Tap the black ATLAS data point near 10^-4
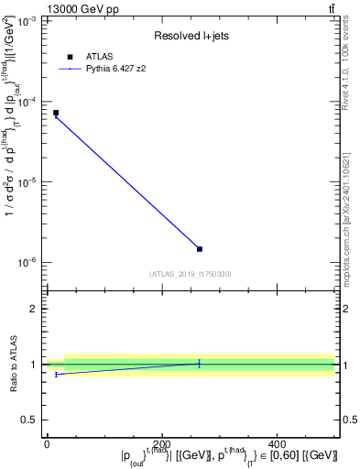coord(56,113)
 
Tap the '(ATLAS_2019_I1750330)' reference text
coord(191,274)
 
